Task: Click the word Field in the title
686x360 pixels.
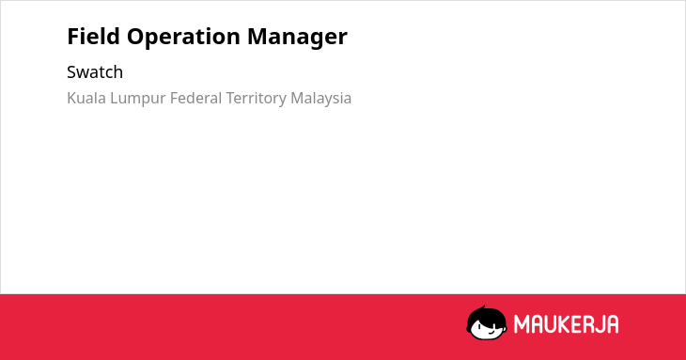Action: click(93, 36)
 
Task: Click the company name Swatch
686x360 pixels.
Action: click(95, 72)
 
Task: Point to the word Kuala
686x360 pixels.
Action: click(86, 98)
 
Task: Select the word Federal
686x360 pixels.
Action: click(196, 98)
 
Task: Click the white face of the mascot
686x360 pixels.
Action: click(487, 328)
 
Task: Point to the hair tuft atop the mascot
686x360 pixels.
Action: click(483, 307)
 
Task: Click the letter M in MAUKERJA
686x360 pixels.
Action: click(522, 324)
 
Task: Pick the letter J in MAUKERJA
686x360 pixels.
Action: click(600, 324)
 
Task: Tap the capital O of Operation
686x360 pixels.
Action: click(136, 37)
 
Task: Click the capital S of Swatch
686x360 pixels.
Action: click(71, 72)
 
